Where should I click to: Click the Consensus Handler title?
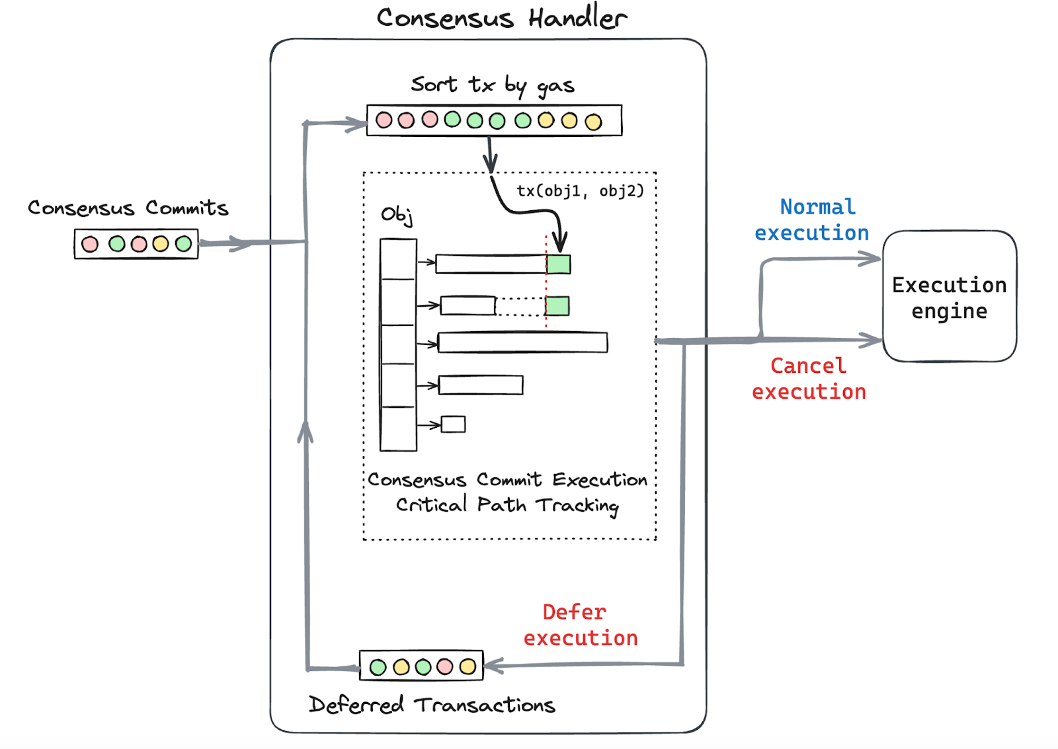[501, 18]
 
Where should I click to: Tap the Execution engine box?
[950, 297]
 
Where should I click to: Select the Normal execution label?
[813, 219]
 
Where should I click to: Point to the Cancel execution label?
[809, 379]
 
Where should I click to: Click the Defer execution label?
[581, 625]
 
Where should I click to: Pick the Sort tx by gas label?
[493, 85]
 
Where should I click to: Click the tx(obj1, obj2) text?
[580, 191]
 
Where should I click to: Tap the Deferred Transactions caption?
[432, 705]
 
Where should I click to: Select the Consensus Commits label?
[128, 208]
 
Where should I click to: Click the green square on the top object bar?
[559, 264]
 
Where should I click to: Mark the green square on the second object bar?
[557, 306]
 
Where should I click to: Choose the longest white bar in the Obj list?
[522, 342]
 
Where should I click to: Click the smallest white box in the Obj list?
[453, 424]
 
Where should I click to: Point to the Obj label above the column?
[397, 215]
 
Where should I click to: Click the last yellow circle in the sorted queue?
[593, 122]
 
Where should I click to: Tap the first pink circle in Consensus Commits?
[90, 245]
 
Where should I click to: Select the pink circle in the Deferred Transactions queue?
[445, 666]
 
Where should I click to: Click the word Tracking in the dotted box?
[577, 506]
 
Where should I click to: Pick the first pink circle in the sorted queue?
[384, 120]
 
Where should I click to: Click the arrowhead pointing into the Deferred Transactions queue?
[493, 666]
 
